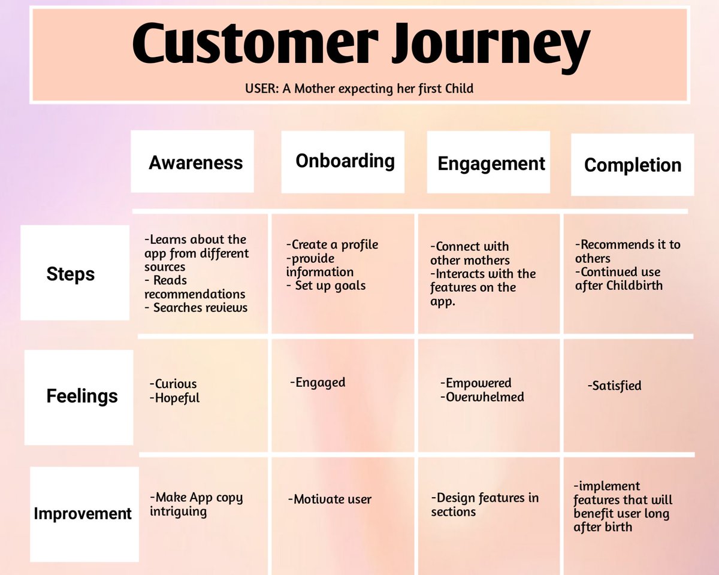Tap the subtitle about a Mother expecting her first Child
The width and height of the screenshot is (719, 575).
point(359,89)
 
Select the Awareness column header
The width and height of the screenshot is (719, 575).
point(196,163)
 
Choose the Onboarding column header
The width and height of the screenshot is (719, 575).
point(345,161)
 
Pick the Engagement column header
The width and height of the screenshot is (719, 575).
point(491,164)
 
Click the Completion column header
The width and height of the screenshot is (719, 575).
point(633,165)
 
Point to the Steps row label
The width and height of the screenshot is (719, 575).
point(71,274)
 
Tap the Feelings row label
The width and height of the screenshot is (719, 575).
point(82,397)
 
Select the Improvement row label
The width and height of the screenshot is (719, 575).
point(83,513)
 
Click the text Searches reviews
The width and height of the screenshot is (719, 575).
point(200,308)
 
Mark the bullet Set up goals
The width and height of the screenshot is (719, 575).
point(330,286)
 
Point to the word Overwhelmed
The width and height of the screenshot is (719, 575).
point(485,397)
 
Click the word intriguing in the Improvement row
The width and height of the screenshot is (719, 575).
point(178,512)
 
